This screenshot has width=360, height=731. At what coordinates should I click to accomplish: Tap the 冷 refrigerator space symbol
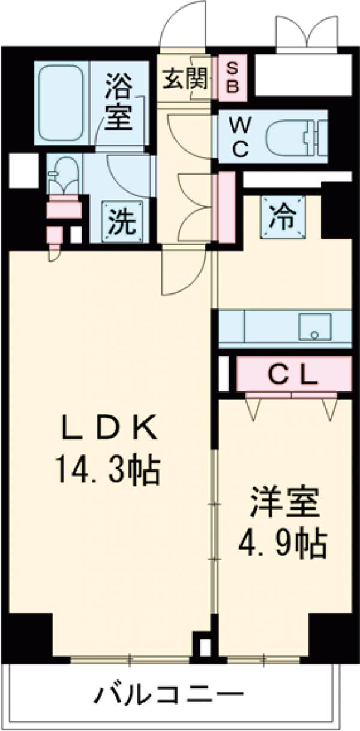pos(283,214)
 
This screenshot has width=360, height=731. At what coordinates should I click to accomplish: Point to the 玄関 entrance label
pos(185,79)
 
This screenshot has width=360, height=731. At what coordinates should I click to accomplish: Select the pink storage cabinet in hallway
pos(226,208)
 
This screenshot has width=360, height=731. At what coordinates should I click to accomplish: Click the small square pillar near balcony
pos(205,648)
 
